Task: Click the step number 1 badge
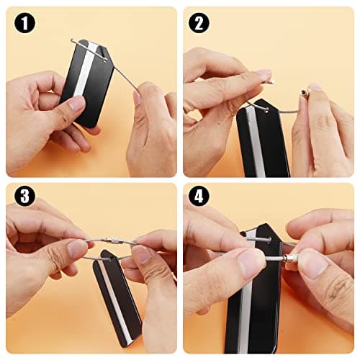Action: tap(24, 23)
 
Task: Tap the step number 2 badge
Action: tap(199, 23)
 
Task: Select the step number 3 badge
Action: tap(24, 197)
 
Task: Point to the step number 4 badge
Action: tap(199, 197)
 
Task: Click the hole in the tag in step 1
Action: tap(105, 61)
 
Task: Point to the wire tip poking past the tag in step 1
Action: tap(73, 40)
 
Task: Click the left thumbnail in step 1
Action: tap(76, 104)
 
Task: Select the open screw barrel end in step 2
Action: tap(303, 91)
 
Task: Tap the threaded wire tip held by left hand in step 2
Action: tap(271, 82)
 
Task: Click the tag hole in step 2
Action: tap(267, 111)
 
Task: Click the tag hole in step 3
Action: tap(110, 258)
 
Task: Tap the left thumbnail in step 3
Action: tap(77, 248)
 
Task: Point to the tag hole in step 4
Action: tap(269, 239)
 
